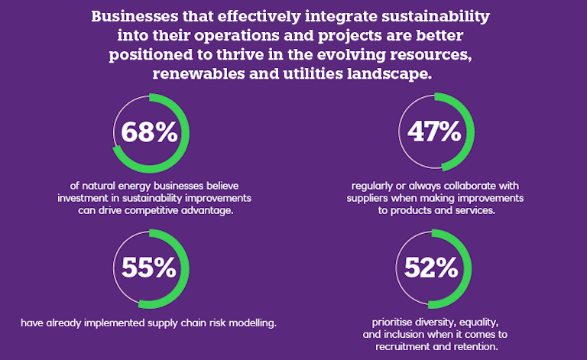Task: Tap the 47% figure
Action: pyautogui.click(x=433, y=132)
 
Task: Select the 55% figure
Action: pyautogui.click(x=148, y=268)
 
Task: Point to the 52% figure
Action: pyautogui.click(x=433, y=268)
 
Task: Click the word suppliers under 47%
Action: pyautogui.click(x=374, y=198)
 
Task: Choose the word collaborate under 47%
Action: pyautogui.click(x=469, y=186)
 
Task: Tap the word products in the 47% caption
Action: pyautogui.click(x=418, y=211)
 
